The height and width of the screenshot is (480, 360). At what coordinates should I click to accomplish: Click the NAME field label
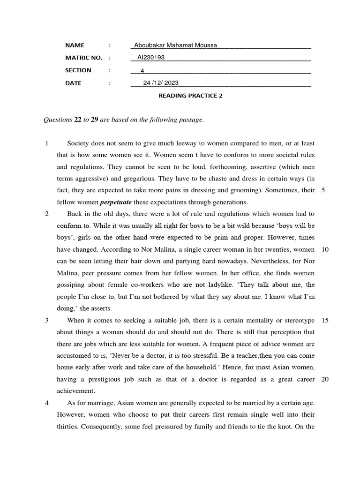tap(75, 45)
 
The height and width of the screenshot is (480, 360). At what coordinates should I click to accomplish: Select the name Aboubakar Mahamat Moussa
tap(175, 45)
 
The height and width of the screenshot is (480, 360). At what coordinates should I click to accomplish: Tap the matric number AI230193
tap(151, 58)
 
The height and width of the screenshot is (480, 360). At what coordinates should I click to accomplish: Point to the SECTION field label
tap(78, 70)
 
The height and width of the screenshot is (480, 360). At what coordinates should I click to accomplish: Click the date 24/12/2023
tap(161, 83)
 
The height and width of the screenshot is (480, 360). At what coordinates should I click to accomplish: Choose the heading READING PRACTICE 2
tap(190, 96)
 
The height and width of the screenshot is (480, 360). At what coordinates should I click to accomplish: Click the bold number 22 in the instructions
tap(78, 120)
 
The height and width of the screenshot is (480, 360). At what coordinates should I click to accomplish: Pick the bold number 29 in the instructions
tap(94, 120)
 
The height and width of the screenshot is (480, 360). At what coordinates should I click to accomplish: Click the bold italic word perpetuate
tap(116, 202)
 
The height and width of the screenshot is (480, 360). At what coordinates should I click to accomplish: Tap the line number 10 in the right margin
tap(325, 249)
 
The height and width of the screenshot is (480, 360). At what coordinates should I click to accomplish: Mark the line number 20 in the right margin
tap(325, 379)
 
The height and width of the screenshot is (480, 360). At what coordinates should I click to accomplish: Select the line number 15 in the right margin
tap(325, 320)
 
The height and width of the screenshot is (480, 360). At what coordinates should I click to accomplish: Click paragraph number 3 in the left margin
tap(46, 320)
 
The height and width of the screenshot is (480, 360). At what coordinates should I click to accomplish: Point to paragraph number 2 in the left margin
tap(46, 214)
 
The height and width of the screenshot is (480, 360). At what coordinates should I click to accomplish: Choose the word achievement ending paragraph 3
tap(76, 391)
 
